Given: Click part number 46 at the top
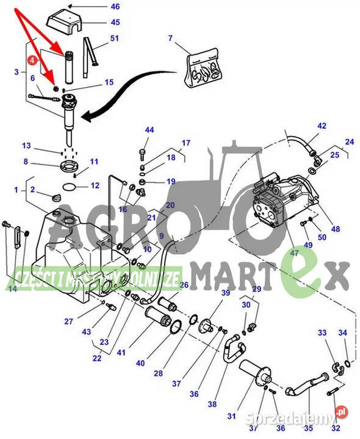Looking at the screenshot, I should click(x=115, y=7).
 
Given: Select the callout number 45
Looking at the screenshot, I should click(x=115, y=23).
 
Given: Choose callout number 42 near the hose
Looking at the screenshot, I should click(x=322, y=126).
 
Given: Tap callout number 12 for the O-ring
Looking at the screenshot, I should click(x=95, y=185).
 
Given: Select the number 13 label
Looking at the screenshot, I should click(x=26, y=146).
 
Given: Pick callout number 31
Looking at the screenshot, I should click(x=231, y=416).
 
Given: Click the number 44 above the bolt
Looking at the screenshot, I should click(x=149, y=130).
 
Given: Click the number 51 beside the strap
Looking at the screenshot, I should click(x=115, y=39).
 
